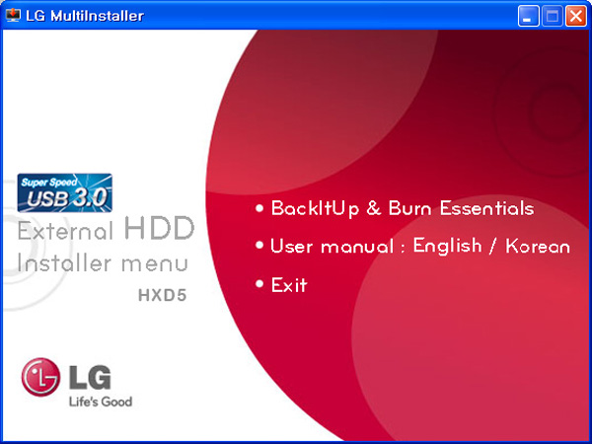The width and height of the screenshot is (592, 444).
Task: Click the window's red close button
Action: coord(575,16)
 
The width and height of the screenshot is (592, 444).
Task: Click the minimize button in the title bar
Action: coord(528,16)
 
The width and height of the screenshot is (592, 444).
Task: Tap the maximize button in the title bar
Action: coord(552,16)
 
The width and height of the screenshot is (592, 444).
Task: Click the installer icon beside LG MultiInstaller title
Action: coord(13,16)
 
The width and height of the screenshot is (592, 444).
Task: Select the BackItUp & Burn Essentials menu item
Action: coord(403,209)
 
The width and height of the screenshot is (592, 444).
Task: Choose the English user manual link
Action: coord(447,246)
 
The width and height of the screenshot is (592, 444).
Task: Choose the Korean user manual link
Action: coord(538,247)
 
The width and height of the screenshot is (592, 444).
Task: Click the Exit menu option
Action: coord(289,285)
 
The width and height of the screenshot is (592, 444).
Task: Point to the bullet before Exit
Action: coord(259,283)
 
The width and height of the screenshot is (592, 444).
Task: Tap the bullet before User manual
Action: coord(259,245)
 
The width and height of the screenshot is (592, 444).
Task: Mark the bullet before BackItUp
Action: coord(259,207)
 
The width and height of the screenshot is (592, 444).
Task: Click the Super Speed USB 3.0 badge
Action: coord(64,192)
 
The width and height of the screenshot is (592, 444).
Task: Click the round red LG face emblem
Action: coord(40,377)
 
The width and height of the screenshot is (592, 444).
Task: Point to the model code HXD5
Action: coord(163,295)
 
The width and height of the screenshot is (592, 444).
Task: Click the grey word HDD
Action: coord(159,228)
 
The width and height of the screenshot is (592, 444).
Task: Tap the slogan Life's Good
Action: coord(101,402)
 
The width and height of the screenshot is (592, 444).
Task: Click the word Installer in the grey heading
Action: coord(64,262)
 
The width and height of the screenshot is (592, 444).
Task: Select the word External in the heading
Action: coord(65,230)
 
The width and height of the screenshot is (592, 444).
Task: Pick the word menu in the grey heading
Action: coord(155,264)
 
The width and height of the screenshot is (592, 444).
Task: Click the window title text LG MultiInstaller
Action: coord(85,16)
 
